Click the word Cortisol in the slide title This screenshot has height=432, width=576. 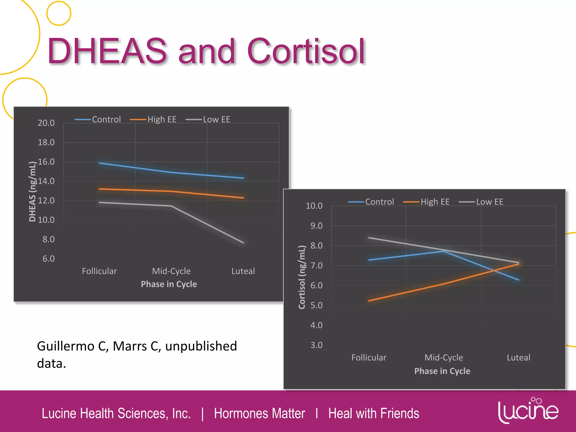[x=306, y=51]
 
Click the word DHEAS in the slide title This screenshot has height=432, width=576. [x=107, y=51]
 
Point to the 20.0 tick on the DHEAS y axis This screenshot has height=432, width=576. [x=46, y=123]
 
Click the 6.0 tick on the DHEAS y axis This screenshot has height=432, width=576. [x=48, y=258]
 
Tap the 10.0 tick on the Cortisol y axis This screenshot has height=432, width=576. [x=314, y=206]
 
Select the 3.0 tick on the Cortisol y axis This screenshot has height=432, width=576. [x=316, y=345]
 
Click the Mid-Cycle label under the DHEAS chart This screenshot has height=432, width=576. [x=171, y=271]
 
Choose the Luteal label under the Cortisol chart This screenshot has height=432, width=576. [x=518, y=357]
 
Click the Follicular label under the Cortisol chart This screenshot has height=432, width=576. [x=369, y=357]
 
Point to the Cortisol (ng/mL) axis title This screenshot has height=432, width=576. [x=302, y=277]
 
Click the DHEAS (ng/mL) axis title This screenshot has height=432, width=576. [x=33, y=192]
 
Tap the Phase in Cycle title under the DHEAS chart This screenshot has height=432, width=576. [x=169, y=284]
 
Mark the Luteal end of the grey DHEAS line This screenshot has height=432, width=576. [x=243, y=242]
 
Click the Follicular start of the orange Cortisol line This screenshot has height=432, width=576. [x=369, y=301]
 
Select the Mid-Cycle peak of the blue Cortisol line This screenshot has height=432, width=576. [x=444, y=251]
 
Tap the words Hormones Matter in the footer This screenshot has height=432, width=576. [x=259, y=413]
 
